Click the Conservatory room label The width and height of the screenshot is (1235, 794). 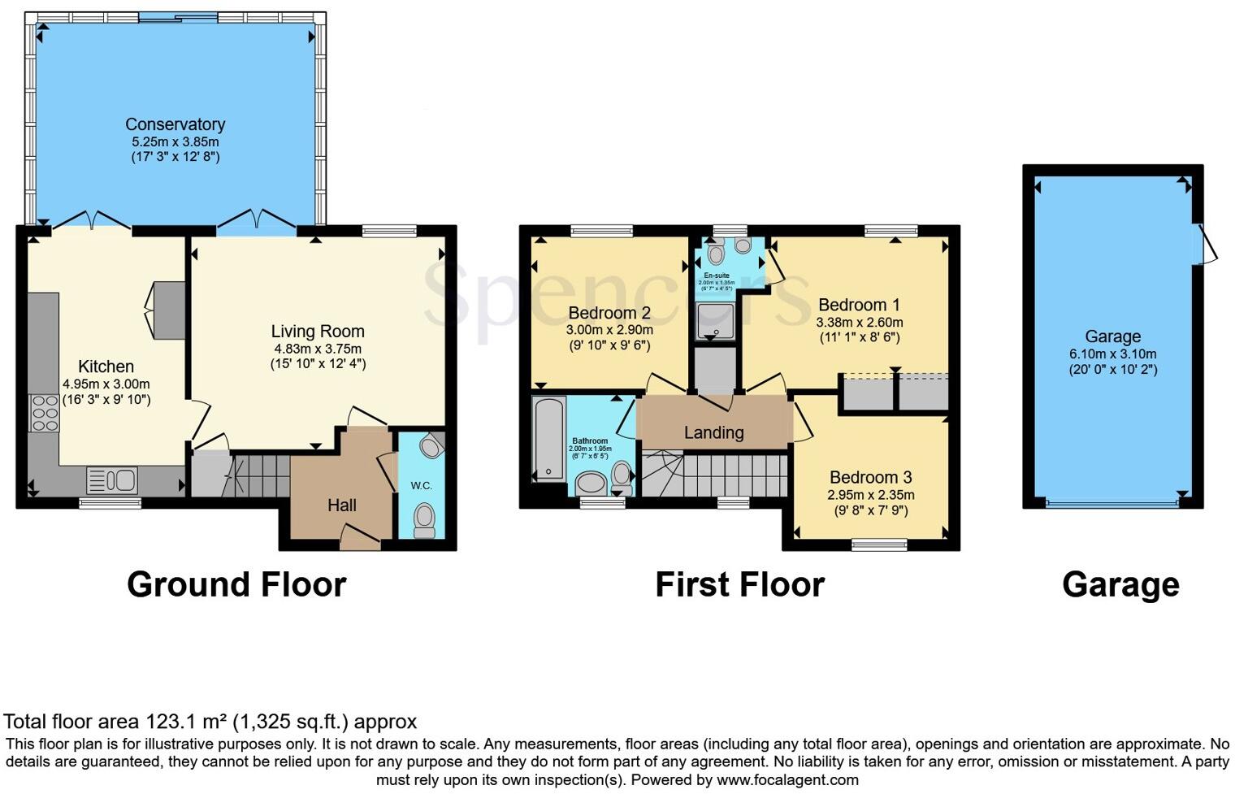click(x=175, y=124)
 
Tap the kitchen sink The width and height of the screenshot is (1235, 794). click(x=111, y=480)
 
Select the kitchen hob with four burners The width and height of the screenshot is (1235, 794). click(x=44, y=413)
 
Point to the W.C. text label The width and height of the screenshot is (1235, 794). click(x=421, y=486)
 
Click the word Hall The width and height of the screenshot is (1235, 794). click(x=342, y=505)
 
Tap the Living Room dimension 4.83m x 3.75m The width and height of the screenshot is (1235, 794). click(x=318, y=349)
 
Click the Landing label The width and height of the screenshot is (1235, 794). click(x=713, y=432)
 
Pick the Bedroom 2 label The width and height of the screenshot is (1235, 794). click(x=609, y=313)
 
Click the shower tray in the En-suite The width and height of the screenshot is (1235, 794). click(x=716, y=320)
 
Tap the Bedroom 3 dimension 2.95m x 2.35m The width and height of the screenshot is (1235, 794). click(x=870, y=494)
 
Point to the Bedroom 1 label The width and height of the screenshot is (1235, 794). click(x=859, y=305)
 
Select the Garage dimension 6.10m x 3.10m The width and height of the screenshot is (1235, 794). click(x=1112, y=354)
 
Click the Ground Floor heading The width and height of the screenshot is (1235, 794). click(x=236, y=584)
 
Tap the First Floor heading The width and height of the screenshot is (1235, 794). click(x=739, y=584)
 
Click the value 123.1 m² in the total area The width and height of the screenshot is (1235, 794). click(x=187, y=722)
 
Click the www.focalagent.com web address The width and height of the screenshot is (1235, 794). click(x=786, y=780)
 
